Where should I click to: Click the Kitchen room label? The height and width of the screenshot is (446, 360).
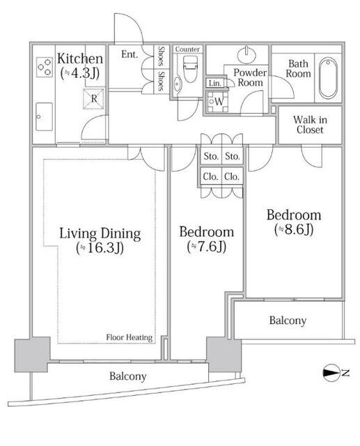(x=80, y=59)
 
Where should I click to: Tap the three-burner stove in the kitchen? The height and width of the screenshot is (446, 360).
(x=45, y=67)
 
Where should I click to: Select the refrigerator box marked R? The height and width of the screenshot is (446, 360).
(x=94, y=99)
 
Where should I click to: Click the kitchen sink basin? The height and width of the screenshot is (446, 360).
(x=44, y=116)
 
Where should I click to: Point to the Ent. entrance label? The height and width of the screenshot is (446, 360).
(x=130, y=54)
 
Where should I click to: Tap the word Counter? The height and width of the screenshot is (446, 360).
(x=187, y=49)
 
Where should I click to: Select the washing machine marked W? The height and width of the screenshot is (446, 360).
(x=217, y=102)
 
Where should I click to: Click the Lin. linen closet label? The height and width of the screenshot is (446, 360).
(x=214, y=84)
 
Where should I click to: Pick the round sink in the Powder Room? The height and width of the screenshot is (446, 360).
(x=246, y=54)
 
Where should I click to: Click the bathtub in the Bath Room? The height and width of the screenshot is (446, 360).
(x=328, y=78)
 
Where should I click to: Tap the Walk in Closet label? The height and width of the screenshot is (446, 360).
(x=310, y=125)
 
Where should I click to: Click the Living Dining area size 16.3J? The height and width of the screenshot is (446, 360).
(x=100, y=248)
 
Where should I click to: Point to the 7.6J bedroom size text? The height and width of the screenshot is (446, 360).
(x=207, y=247)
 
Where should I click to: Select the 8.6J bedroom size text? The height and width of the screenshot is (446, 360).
(x=294, y=229)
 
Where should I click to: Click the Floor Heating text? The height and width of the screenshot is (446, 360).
(x=130, y=337)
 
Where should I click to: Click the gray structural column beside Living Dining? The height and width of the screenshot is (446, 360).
(x=32, y=355)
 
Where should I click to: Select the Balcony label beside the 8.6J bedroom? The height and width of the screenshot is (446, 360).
(x=288, y=321)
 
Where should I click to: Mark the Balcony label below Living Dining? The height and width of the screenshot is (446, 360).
(x=128, y=376)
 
